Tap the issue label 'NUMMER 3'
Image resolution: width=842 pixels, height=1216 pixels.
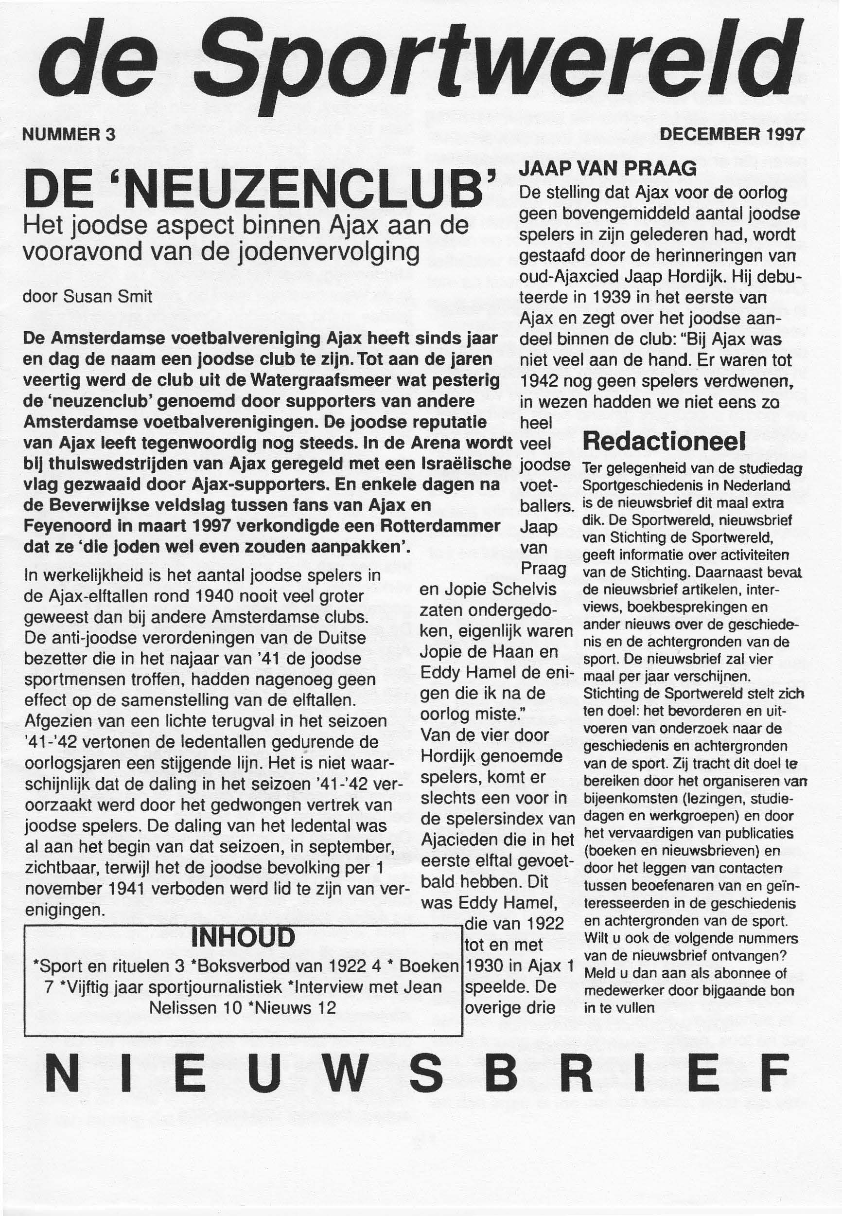68,135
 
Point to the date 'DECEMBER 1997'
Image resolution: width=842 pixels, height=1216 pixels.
732,134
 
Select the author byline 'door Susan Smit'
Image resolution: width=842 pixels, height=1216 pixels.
87,297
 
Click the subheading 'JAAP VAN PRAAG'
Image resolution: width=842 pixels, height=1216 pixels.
608,169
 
